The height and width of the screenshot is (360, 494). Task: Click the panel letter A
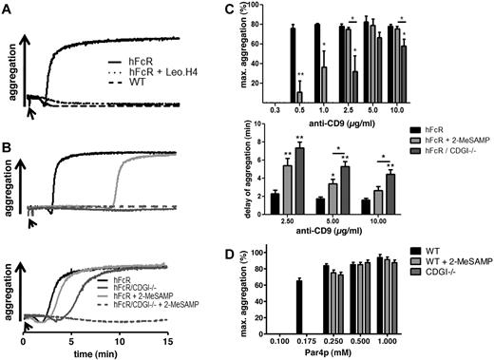[9, 9]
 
